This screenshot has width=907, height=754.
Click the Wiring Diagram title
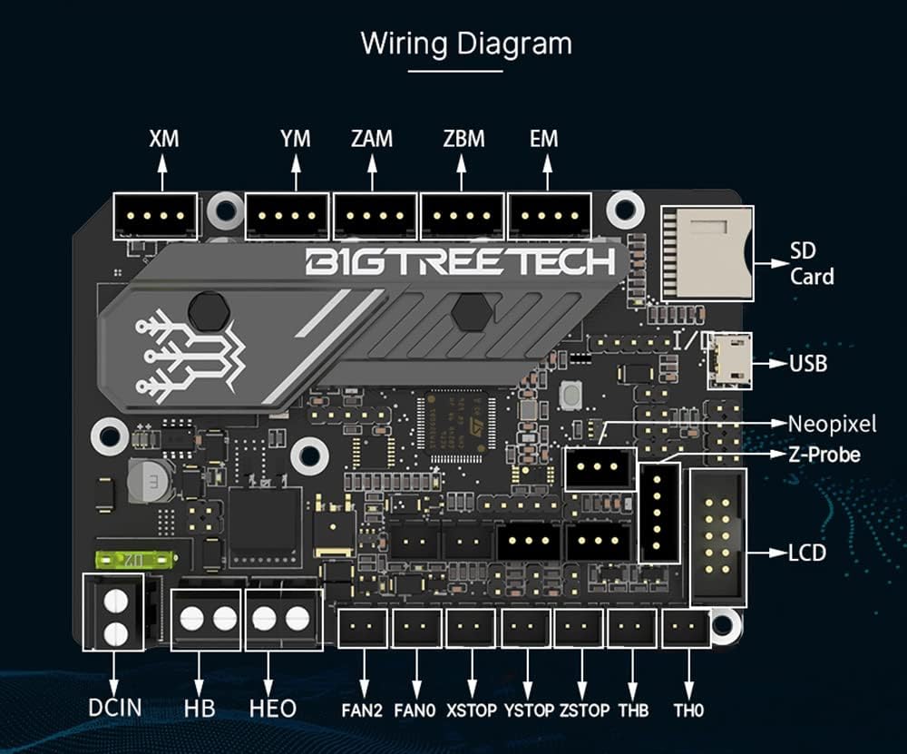pos(466,44)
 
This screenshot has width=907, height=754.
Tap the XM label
pos(164,139)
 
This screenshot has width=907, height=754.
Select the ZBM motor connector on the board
pos(461,216)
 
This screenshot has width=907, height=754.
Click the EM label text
pos(543,139)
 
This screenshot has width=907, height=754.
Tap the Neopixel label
pos(831,424)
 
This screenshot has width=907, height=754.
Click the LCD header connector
pos(719,537)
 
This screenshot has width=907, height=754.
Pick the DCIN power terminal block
pos(115,612)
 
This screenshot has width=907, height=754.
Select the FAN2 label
pos(363,710)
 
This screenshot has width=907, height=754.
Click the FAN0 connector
pos(416,628)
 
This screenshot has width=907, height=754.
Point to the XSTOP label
pos(471,710)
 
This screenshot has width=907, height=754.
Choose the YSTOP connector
pos(526,628)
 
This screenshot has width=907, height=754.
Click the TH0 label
pos(688,710)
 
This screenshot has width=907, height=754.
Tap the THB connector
pos(632,628)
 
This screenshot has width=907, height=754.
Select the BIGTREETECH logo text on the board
pos(460,261)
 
